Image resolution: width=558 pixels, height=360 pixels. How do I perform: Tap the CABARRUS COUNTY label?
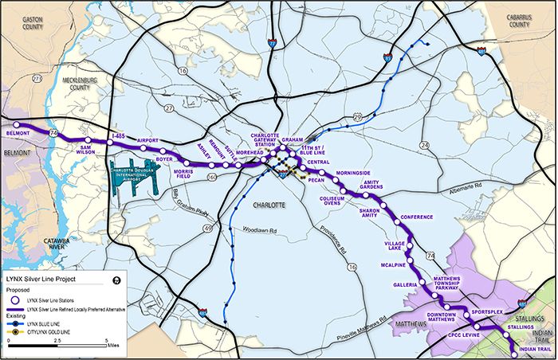point(517,21)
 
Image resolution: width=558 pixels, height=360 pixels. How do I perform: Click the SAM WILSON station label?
point(94,152)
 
